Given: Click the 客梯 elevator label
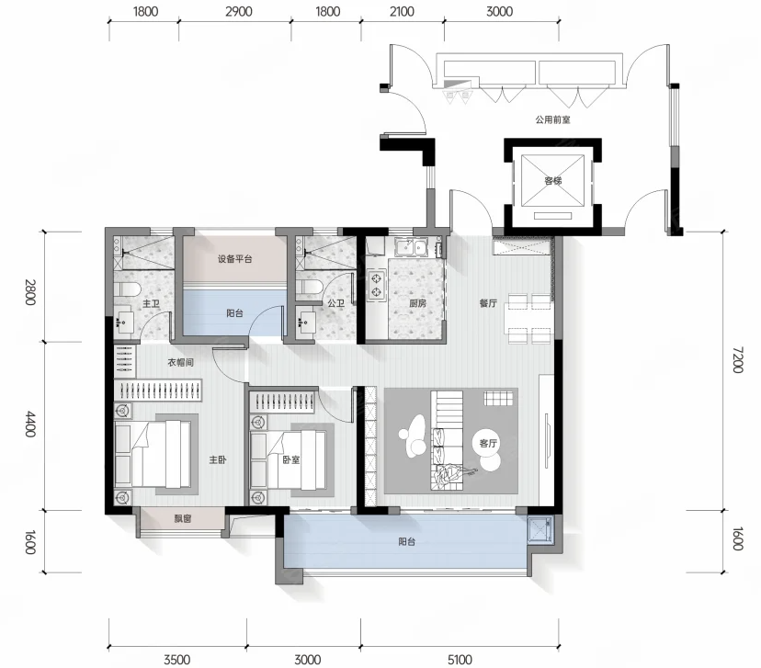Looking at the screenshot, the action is click(x=552, y=181).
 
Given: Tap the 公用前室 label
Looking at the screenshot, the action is click(x=552, y=119).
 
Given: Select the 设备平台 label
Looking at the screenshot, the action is click(x=235, y=259).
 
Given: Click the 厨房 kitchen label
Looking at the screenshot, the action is click(x=417, y=304).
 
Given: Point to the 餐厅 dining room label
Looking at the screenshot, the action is click(x=488, y=303).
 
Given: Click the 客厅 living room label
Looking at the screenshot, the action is click(x=488, y=443).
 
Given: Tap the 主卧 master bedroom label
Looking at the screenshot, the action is click(x=218, y=459).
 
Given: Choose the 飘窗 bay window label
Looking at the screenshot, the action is click(x=183, y=518).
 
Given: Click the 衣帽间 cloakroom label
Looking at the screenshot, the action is click(x=180, y=362).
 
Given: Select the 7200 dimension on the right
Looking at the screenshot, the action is click(x=737, y=359).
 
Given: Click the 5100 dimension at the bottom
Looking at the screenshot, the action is click(x=460, y=660).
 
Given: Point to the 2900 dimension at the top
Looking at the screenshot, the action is click(x=239, y=11).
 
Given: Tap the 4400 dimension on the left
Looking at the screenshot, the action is click(x=30, y=424).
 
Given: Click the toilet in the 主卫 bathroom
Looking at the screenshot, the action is click(x=127, y=289).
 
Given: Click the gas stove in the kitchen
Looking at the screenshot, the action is click(x=376, y=286).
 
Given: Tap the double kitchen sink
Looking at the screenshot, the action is click(x=411, y=247).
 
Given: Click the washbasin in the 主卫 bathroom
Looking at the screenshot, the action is click(x=125, y=322).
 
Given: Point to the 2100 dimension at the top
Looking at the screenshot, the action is click(x=402, y=11).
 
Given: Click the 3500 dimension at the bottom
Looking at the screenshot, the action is click(x=177, y=660).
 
